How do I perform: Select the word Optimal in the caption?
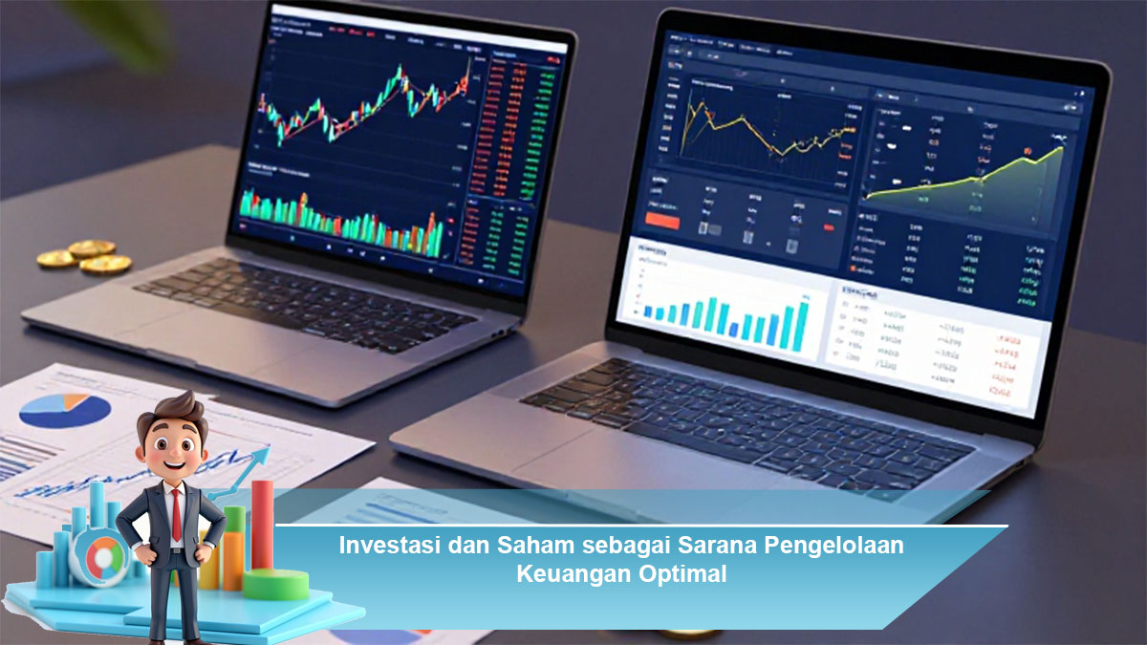tap(682, 574)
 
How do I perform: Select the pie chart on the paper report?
tap(65, 410)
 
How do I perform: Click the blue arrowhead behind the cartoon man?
tap(259, 456)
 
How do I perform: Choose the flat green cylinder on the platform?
tap(276, 584)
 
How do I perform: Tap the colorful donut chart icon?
tap(99, 558)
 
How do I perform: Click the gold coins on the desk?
tap(86, 255)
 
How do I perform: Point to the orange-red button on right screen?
tap(662, 221)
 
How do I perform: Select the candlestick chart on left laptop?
tap(363, 105)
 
